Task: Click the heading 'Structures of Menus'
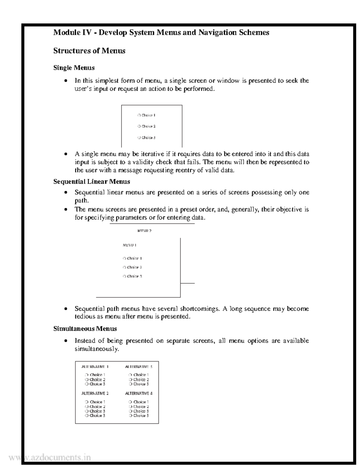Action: [x=89, y=51]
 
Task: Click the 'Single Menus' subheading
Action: [x=74, y=68]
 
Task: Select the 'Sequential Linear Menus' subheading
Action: [x=92, y=181]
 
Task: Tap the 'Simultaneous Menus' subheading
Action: [x=85, y=329]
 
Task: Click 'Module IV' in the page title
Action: [x=72, y=32]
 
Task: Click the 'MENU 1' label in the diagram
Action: [x=129, y=245]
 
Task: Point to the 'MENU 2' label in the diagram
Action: [x=144, y=231]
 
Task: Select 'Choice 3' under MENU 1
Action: [x=134, y=276]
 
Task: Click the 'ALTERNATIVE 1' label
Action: [x=95, y=367]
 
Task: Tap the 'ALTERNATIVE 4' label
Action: [x=139, y=394]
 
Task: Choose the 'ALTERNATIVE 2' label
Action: [x=95, y=394]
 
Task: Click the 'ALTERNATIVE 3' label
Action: [x=139, y=367]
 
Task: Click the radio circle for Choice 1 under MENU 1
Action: [x=124, y=259]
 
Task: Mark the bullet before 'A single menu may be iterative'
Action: [x=65, y=154]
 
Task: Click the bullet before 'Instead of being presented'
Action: [x=65, y=341]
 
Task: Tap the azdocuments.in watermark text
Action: [x=50, y=458]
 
